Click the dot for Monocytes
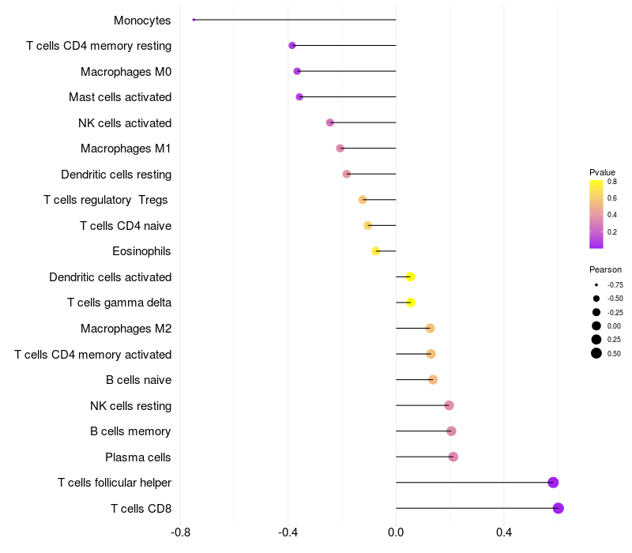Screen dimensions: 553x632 [194, 20]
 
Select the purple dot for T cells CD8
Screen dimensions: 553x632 [559, 508]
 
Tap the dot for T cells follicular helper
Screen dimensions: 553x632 [553, 483]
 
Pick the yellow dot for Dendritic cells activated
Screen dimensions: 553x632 [410, 276]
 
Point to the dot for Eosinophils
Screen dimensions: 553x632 [376, 251]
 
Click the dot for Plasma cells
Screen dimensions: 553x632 [453, 457]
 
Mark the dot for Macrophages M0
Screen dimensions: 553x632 [297, 71]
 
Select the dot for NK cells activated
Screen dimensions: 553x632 [330, 122]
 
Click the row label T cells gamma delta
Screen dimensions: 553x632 [119, 303]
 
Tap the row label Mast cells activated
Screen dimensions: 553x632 [120, 97]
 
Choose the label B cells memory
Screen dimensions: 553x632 [130, 431]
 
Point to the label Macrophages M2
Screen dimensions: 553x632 [126, 329]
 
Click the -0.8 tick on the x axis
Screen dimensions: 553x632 [180, 532]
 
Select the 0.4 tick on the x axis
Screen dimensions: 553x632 [503, 532]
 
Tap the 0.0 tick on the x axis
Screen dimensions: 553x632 [396, 532]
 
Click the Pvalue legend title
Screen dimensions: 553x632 [602, 172]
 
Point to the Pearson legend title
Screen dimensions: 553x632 [605, 269]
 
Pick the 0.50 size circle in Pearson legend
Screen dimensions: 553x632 [596, 353]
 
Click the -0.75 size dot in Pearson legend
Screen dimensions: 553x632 [596, 284]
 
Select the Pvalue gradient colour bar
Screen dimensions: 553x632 [596, 214]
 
